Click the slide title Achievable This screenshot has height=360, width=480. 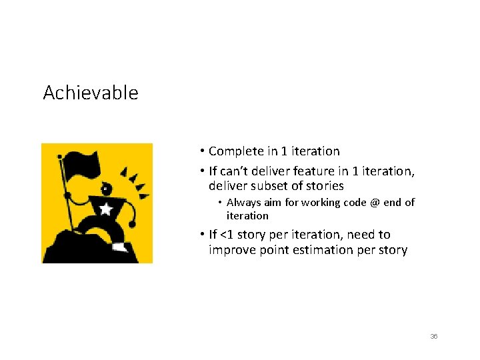pos(91,93)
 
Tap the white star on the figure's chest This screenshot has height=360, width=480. pos(105,209)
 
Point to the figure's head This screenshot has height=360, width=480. pos(111,187)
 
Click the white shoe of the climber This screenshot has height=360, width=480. pos(120,247)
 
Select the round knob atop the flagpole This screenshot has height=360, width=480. pos(60,157)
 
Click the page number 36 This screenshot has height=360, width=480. pos(433,337)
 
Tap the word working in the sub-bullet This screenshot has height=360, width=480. pos(319,203)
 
